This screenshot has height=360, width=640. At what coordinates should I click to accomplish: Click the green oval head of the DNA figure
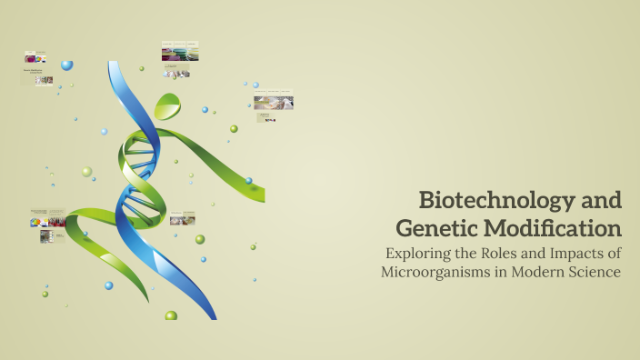(x=167, y=105)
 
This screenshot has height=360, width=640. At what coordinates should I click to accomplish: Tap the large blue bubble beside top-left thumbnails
(x=67, y=65)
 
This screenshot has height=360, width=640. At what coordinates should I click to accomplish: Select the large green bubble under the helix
(x=171, y=315)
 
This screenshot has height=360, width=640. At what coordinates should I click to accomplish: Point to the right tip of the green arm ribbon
(x=261, y=195)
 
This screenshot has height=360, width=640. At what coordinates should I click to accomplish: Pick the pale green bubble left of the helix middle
(x=86, y=171)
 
